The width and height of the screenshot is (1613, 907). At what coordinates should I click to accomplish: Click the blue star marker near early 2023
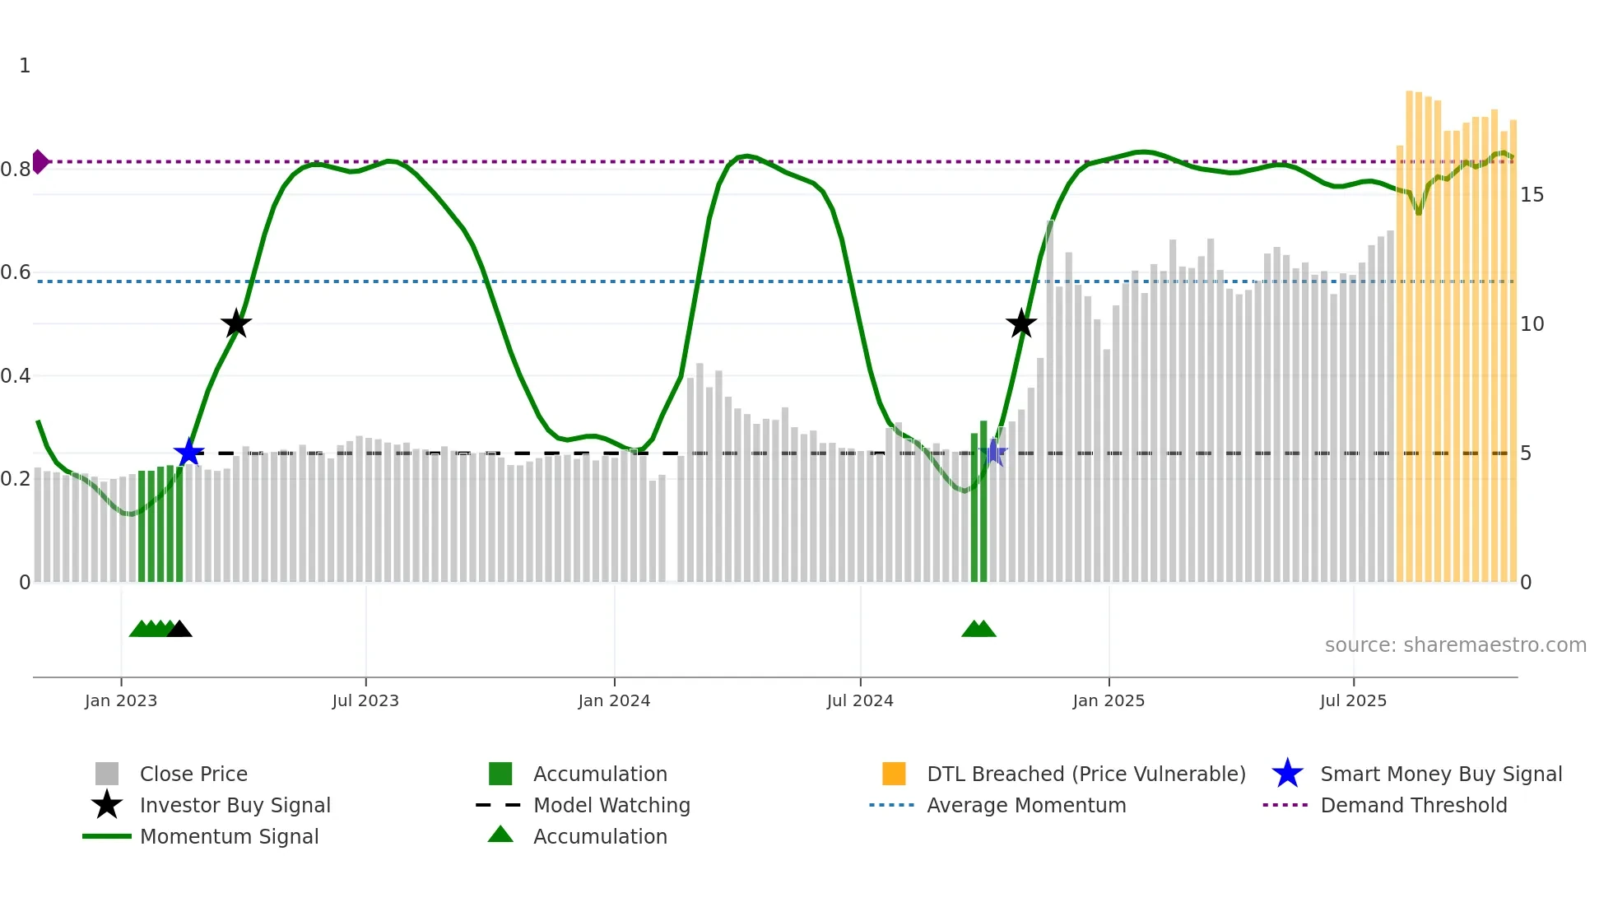click(x=188, y=452)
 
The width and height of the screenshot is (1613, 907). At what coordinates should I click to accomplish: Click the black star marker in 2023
click(x=236, y=323)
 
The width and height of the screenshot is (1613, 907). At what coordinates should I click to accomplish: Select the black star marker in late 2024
click(x=1021, y=323)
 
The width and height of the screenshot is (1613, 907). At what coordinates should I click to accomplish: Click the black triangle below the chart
click(x=179, y=630)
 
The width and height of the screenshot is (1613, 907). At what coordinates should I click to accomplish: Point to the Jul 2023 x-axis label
click(x=365, y=700)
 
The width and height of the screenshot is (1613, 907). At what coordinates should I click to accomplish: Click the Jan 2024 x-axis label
click(x=614, y=700)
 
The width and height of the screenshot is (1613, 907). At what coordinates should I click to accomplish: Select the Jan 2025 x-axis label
click(x=1109, y=700)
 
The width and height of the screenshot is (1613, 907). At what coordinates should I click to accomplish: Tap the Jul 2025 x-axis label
click(x=1353, y=700)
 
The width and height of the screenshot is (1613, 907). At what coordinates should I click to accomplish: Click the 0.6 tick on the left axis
click(x=16, y=272)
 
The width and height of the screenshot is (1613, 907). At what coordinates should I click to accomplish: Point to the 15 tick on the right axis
click(x=1532, y=195)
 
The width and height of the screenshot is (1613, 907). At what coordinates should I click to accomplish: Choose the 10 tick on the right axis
click(x=1532, y=324)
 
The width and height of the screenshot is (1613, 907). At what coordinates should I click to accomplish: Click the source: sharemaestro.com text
click(x=1455, y=645)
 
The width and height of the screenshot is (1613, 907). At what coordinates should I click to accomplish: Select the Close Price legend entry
click(x=193, y=774)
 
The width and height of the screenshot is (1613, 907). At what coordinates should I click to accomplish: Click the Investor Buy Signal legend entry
click(x=235, y=805)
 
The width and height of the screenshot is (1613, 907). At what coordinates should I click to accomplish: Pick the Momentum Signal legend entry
click(x=229, y=836)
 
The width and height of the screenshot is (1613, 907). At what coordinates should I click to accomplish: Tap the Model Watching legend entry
click(x=611, y=805)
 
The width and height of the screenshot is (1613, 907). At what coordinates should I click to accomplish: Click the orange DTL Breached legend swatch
click(x=894, y=774)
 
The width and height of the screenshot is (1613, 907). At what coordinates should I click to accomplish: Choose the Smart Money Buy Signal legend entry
click(x=1441, y=774)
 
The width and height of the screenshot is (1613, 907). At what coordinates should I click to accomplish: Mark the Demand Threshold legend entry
click(x=1413, y=805)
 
